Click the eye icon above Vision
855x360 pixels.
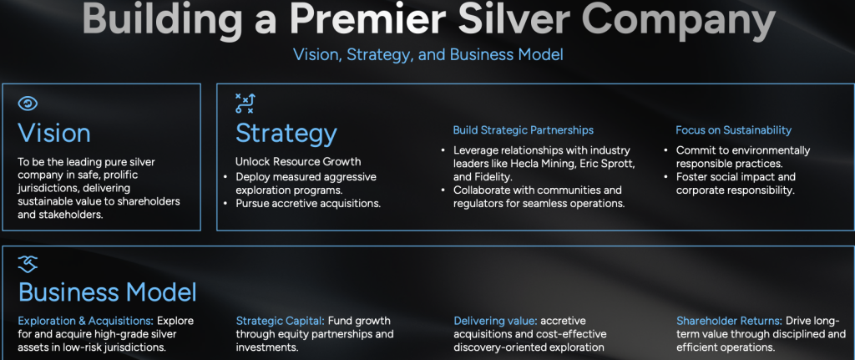point(28,104)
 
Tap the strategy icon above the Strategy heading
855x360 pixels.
point(245,104)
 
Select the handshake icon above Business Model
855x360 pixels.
point(28,264)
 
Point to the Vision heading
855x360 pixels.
point(54,133)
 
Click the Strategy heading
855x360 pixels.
point(286,134)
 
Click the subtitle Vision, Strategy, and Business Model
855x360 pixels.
point(428,54)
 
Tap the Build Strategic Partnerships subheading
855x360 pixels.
point(523,130)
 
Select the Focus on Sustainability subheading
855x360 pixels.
point(733,130)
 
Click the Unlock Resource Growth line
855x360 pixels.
point(298,161)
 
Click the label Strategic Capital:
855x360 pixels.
point(280,321)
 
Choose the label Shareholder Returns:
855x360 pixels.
point(730,321)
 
